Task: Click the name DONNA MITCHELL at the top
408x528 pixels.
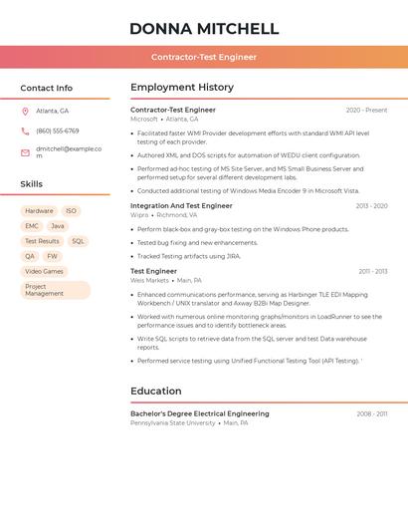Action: point(204,28)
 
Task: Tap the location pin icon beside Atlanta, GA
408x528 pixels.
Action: point(25,111)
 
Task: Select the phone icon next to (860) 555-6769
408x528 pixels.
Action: point(25,131)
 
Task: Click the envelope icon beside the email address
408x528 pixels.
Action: point(25,152)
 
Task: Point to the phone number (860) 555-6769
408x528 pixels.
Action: point(58,131)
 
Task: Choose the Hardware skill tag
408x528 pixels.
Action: point(39,211)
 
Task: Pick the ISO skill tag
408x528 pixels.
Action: point(71,211)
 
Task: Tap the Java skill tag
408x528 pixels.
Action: point(58,226)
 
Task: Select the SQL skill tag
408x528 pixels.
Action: point(78,241)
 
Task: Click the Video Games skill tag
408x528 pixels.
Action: point(44,271)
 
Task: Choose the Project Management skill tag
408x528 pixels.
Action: point(55,290)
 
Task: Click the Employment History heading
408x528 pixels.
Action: point(182,88)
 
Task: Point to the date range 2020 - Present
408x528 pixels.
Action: point(366,111)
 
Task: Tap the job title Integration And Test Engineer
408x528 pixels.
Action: point(181,206)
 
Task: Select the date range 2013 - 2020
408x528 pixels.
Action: point(371,206)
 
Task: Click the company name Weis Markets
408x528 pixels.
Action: point(150,280)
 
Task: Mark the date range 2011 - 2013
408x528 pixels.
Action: point(372,271)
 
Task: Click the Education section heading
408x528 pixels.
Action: point(156,392)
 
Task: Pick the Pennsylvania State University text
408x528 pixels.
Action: point(173,422)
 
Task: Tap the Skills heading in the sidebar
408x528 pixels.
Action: point(32,184)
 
